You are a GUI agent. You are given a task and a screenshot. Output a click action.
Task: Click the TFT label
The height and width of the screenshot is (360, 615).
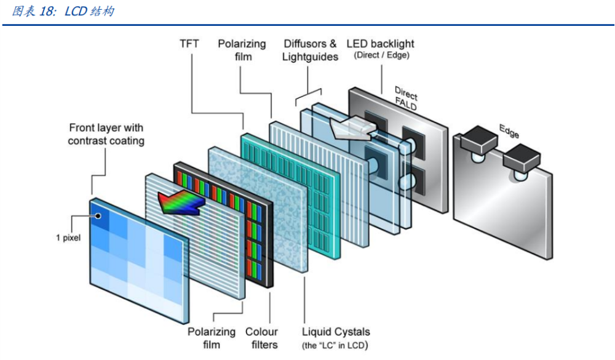tap(190, 44)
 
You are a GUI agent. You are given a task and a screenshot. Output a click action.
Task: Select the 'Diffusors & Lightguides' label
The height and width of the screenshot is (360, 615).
tap(310, 50)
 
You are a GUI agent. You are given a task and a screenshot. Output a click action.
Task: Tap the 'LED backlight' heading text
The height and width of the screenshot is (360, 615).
tap(380, 44)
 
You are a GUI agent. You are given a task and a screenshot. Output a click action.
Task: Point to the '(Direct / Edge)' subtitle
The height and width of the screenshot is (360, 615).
tap(381, 55)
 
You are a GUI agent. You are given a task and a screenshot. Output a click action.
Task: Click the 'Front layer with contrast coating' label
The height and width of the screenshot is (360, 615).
tap(106, 134)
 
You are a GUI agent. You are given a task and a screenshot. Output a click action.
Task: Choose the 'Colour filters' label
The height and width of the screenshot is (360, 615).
tap(261, 338)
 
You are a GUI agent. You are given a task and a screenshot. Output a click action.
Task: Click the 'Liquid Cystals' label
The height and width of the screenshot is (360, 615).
tap(335, 332)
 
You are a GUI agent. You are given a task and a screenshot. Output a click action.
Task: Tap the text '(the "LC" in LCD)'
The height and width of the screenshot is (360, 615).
tap(335, 345)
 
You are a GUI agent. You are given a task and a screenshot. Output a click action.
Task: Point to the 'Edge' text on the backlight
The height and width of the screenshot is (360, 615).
tap(509, 130)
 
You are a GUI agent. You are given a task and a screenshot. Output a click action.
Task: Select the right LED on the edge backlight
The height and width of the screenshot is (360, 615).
tap(522, 159)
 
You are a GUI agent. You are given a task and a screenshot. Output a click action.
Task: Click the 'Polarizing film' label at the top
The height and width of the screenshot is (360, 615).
tap(242, 50)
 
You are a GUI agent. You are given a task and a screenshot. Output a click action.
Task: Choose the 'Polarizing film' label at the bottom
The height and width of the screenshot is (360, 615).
tap(212, 338)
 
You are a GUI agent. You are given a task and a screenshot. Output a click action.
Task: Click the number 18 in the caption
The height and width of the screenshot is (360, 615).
tap(48, 12)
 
